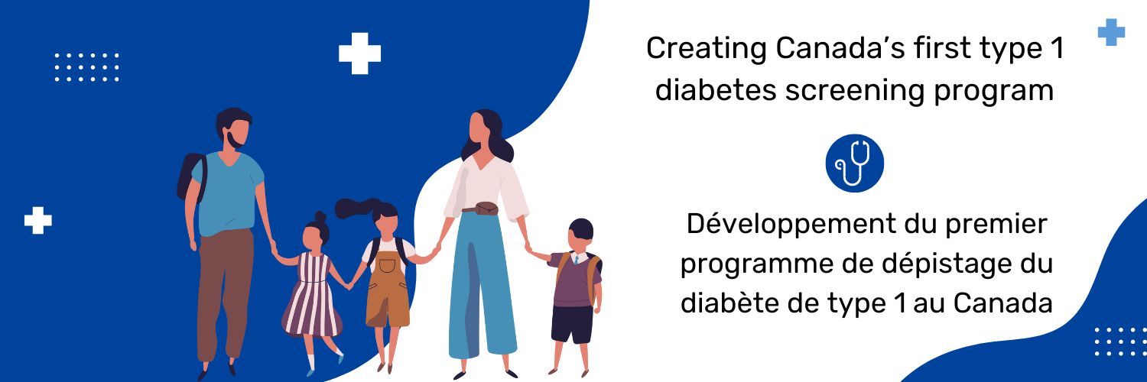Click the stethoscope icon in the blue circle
854,163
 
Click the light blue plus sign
1111,32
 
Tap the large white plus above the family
359,53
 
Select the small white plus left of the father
37,220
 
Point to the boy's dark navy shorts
572,323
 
